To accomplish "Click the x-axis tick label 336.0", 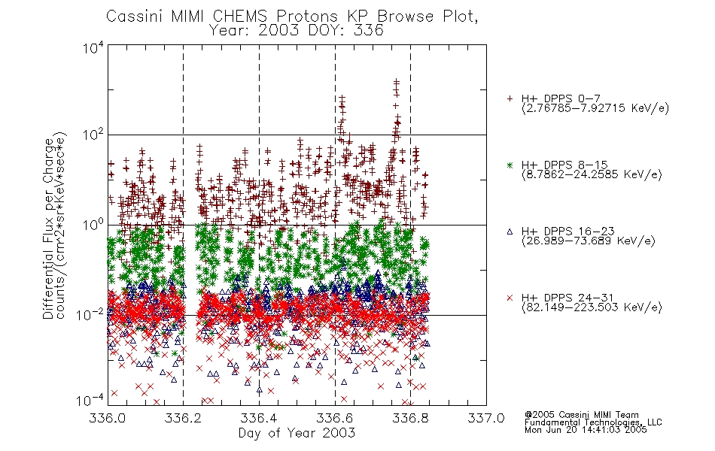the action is tap(107, 418).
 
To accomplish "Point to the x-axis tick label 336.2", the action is tap(184, 418).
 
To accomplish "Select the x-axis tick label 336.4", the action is tap(259, 418).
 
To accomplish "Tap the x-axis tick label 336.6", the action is tap(335, 418).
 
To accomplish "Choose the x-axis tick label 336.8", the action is tap(410, 418).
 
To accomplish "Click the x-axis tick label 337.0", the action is tap(486, 418).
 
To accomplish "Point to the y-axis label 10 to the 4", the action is tap(93, 47).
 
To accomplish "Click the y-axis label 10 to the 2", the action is tap(93, 135).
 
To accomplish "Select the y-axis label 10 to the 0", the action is tap(93, 225).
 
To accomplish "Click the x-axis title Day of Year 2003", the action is tap(297, 433).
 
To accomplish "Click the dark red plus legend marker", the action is tap(510, 98).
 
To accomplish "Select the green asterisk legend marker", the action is tap(510, 165).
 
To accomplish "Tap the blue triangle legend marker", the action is tap(510, 232).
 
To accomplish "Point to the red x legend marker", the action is tap(510, 298).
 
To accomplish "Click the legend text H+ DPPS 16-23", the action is tap(567, 231).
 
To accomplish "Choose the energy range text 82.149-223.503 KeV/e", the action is tap(592, 307).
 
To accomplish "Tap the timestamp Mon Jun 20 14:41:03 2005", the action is tap(586, 430).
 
